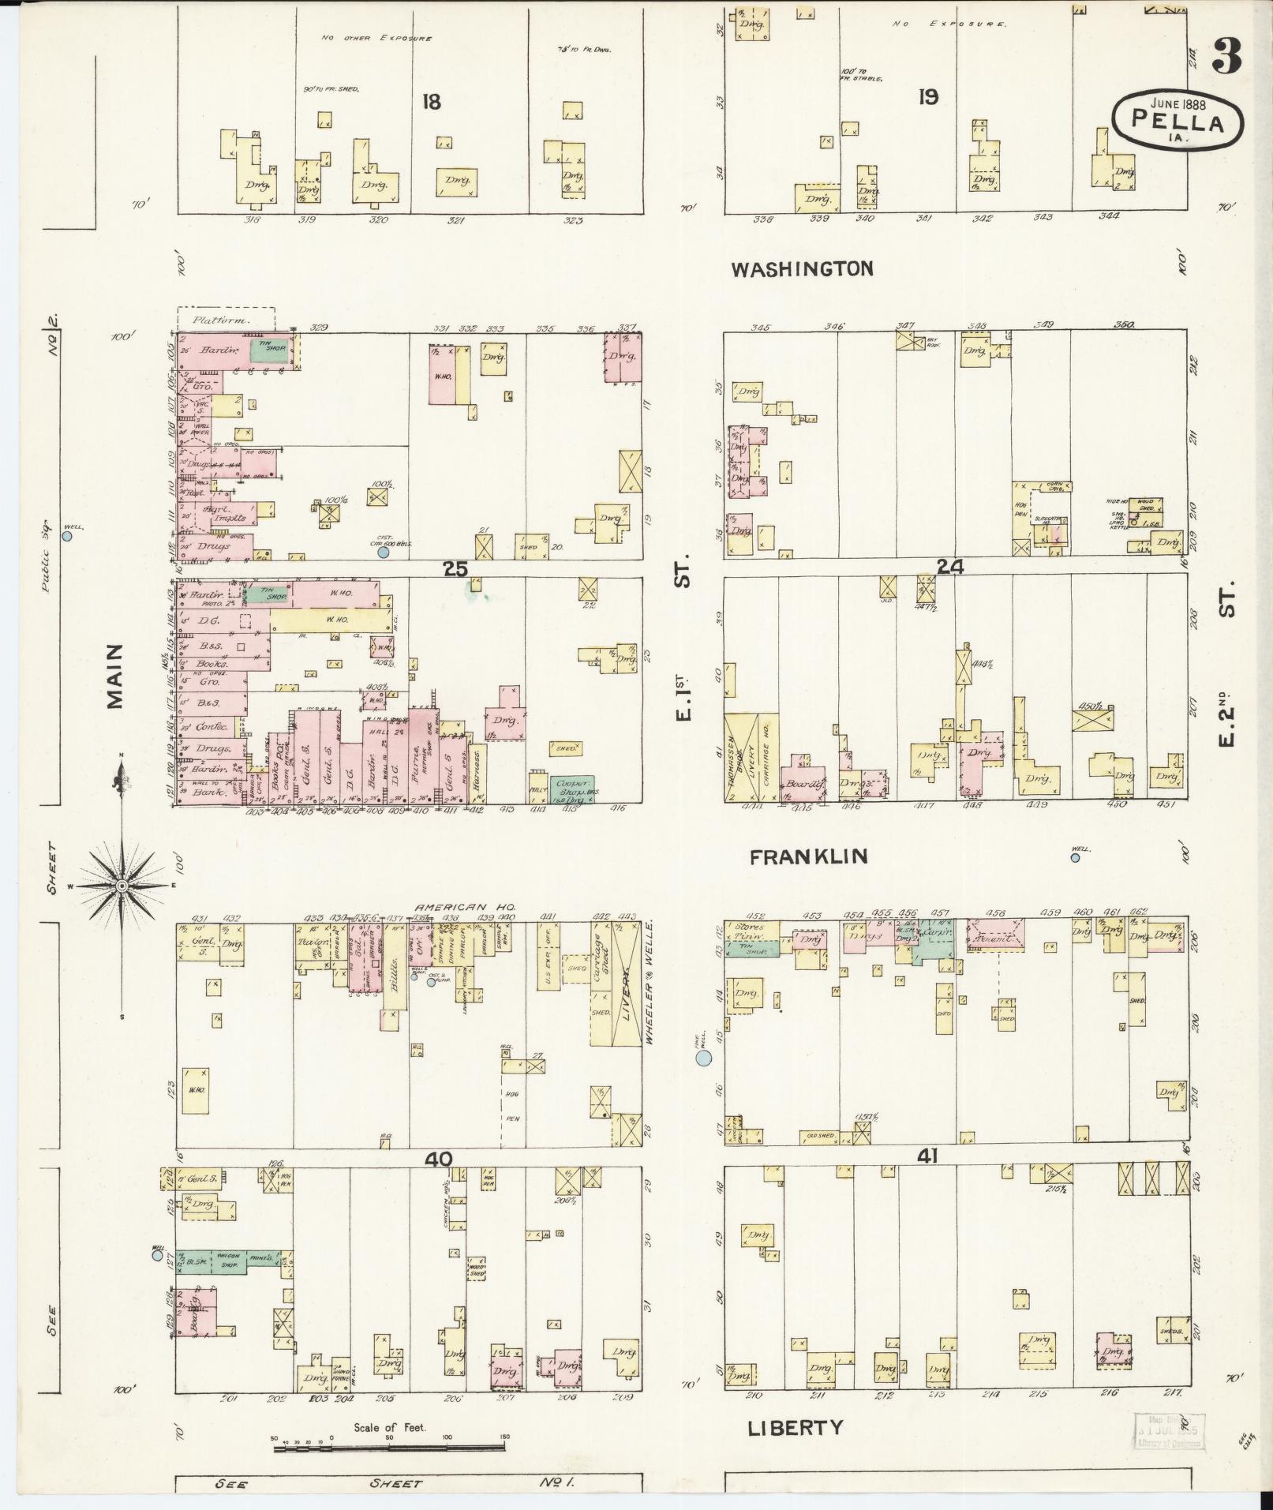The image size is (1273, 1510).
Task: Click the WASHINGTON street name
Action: (x=802, y=269)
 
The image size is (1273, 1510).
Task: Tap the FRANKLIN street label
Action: (x=808, y=857)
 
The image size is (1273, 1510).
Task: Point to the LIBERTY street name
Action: (x=796, y=1428)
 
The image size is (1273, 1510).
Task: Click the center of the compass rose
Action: (x=122, y=887)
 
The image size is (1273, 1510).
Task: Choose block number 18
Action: (x=431, y=102)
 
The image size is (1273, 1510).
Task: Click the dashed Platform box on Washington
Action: (x=226, y=319)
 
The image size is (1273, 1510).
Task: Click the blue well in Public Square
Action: (x=68, y=536)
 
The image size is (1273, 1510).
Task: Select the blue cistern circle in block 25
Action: (x=384, y=553)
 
